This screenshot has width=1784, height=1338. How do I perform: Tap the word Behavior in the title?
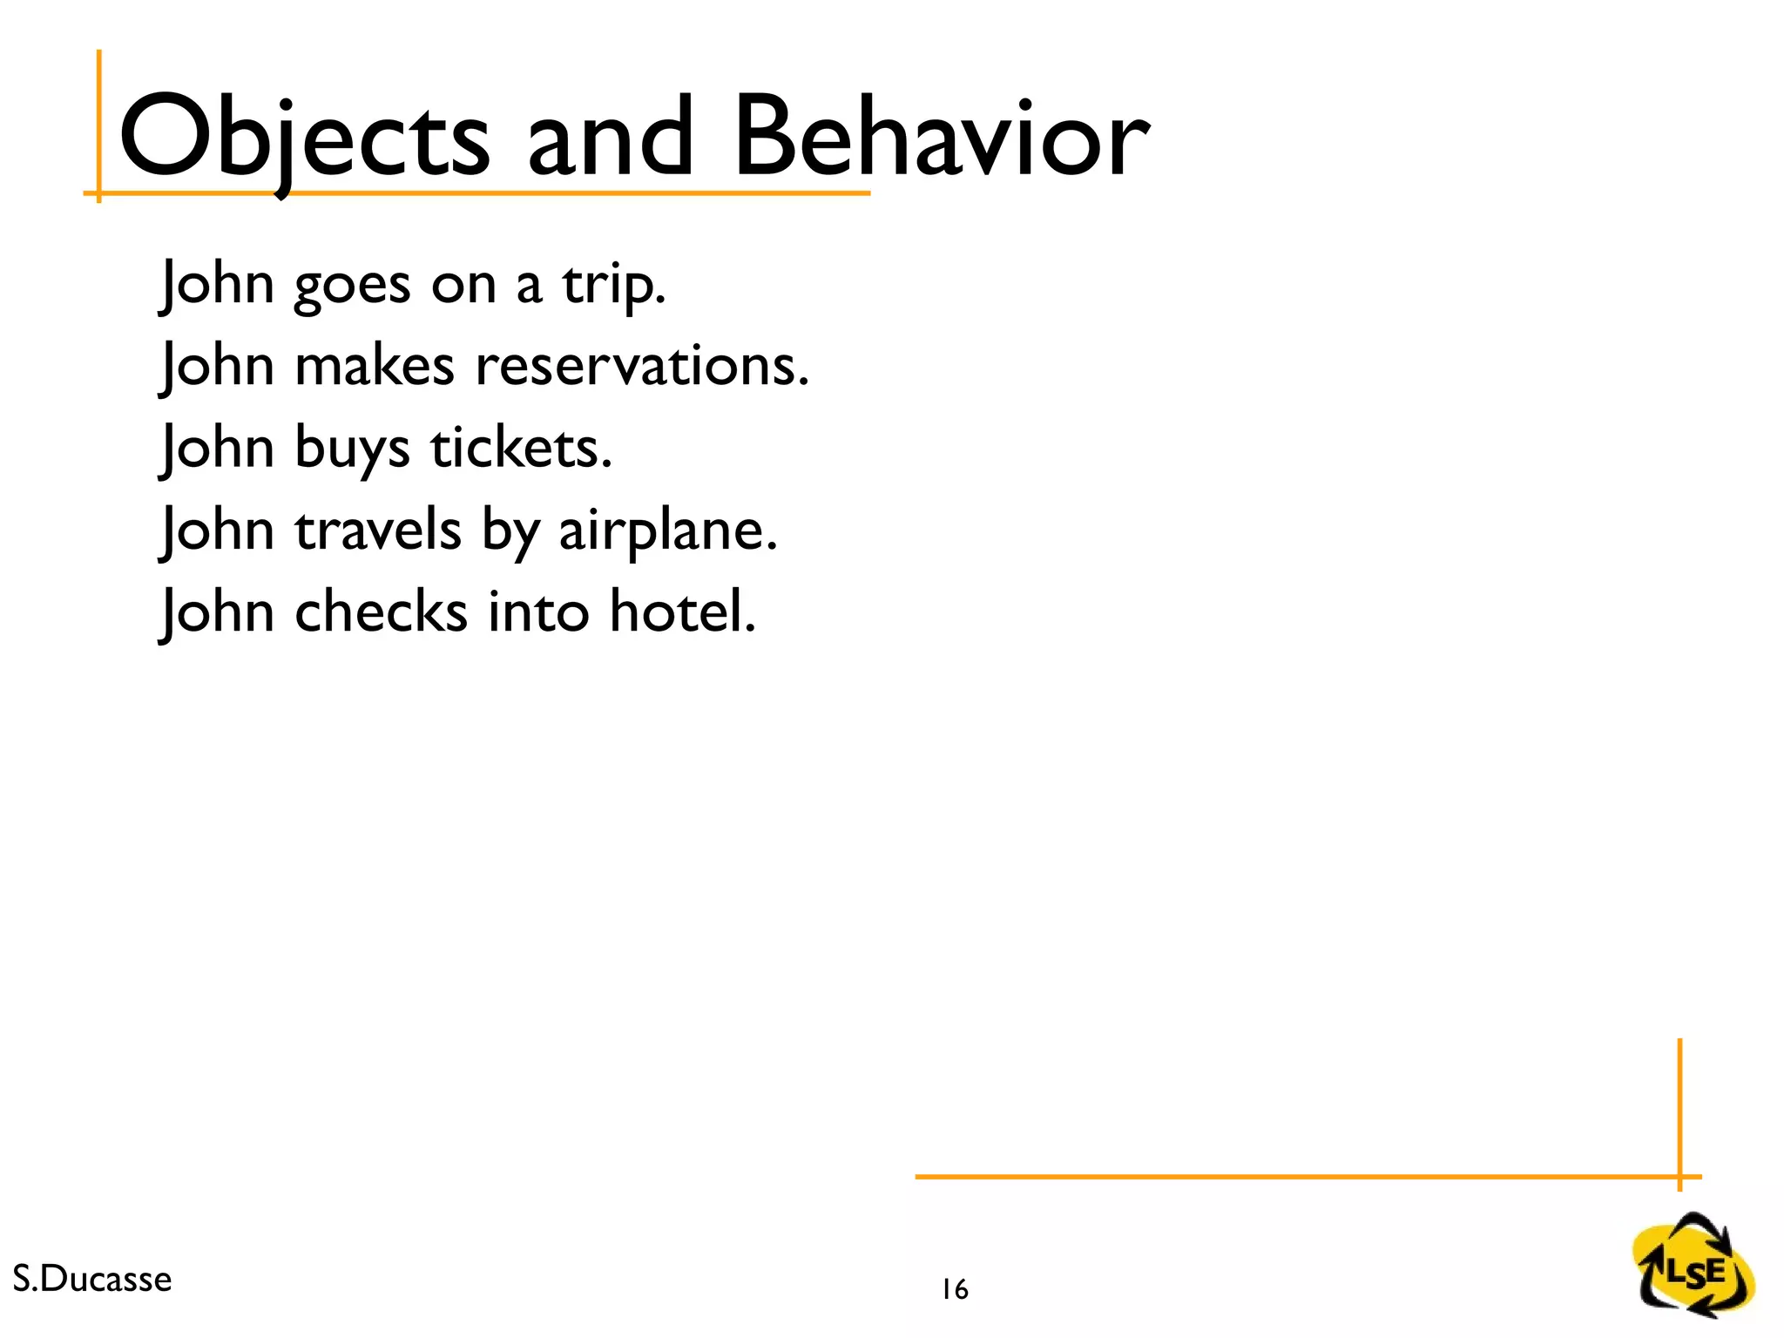click(941, 138)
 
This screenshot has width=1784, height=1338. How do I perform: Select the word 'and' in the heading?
click(610, 138)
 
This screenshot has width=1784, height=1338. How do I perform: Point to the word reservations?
click(641, 366)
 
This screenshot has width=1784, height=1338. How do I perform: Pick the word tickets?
click(521, 448)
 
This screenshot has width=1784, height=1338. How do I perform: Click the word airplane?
click(667, 530)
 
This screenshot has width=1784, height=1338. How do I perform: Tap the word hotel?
click(682, 612)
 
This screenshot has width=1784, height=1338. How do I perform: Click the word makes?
click(375, 366)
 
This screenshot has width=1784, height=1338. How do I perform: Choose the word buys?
click(352, 449)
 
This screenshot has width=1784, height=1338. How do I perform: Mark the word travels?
click(378, 530)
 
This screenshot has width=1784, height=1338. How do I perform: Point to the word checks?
click(381, 612)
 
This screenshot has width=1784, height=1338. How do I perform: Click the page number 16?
click(955, 1289)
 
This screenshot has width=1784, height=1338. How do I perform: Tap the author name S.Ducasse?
click(92, 1279)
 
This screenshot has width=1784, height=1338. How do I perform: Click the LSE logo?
click(1693, 1266)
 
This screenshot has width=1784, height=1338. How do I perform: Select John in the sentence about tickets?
click(218, 448)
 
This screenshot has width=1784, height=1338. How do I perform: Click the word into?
click(537, 612)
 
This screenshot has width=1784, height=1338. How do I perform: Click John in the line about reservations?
click(218, 366)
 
